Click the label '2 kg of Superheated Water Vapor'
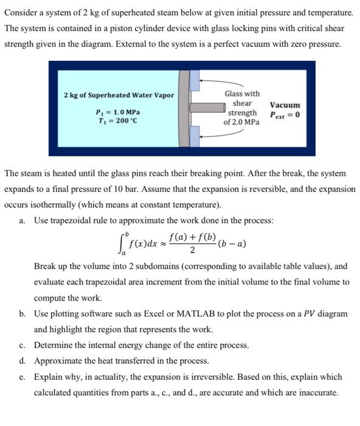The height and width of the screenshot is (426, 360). (119, 95)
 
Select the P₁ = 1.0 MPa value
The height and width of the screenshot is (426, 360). (118, 113)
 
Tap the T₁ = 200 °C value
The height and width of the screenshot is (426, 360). (117, 120)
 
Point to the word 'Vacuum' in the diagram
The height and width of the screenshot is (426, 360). (285, 105)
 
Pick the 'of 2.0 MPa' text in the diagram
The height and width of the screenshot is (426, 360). (241, 122)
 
